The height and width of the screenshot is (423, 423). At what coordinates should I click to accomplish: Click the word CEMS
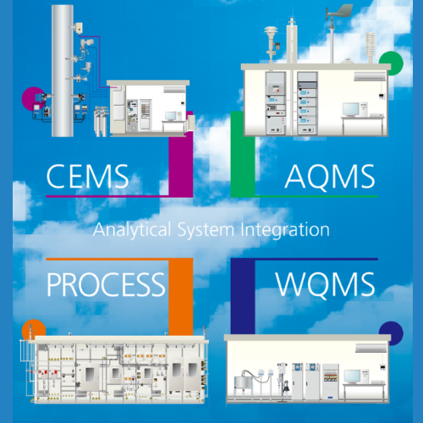(x=87, y=176)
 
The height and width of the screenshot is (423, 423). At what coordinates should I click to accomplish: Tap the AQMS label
(x=330, y=176)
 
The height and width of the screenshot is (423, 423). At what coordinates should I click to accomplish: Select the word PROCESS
(x=106, y=284)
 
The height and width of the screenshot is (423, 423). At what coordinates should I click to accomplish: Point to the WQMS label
(x=326, y=284)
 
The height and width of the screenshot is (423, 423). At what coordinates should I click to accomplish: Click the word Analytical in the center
(x=132, y=229)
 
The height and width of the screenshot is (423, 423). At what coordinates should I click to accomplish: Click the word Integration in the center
(x=285, y=230)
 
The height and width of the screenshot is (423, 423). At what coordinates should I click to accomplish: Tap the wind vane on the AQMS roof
(x=339, y=12)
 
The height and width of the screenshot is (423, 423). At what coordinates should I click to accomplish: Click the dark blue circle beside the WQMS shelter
(x=392, y=332)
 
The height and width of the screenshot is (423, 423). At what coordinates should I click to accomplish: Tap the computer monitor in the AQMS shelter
(x=350, y=109)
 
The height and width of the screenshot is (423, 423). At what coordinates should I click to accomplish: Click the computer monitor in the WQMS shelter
(x=352, y=376)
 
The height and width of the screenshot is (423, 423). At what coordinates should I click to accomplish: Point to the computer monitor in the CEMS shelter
(x=171, y=116)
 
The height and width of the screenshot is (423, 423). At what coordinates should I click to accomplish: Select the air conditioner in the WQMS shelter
(x=371, y=348)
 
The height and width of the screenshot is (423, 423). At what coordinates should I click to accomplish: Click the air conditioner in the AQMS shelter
(x=370, y=76)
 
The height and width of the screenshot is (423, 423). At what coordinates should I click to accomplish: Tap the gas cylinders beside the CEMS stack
(x=101, y=121)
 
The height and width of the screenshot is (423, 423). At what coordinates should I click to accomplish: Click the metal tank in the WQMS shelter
(x=243, y=382)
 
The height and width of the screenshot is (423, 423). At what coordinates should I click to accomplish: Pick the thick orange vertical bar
(x=181, y=297)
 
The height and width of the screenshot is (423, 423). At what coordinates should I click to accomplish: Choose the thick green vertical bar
(x=243, y=154)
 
